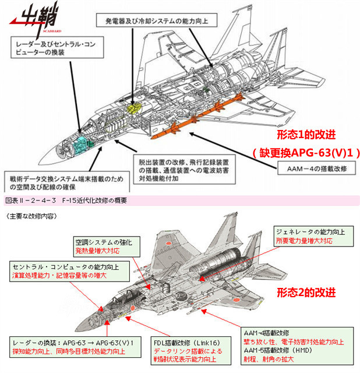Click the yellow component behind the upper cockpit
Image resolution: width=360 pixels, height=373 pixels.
tap(135, 108)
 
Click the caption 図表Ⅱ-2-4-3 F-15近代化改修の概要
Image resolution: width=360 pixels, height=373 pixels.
tap(66, 200)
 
